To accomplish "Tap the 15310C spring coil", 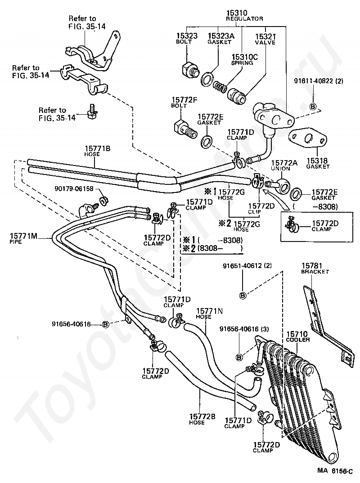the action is click(x=220, y=84).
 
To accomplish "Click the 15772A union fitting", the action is click(x=279, y=185).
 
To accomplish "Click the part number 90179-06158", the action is click(x=74, y=188).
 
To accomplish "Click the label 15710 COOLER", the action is click(x=297, y=336).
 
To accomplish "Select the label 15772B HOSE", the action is click(x=202, y=419).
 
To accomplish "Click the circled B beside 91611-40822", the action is click(x=313, y=107).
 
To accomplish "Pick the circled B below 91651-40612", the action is click(x=243, y=295).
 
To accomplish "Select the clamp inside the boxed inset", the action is click(x=292, y=225).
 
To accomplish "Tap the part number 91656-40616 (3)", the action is click(x=244, y=329).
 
